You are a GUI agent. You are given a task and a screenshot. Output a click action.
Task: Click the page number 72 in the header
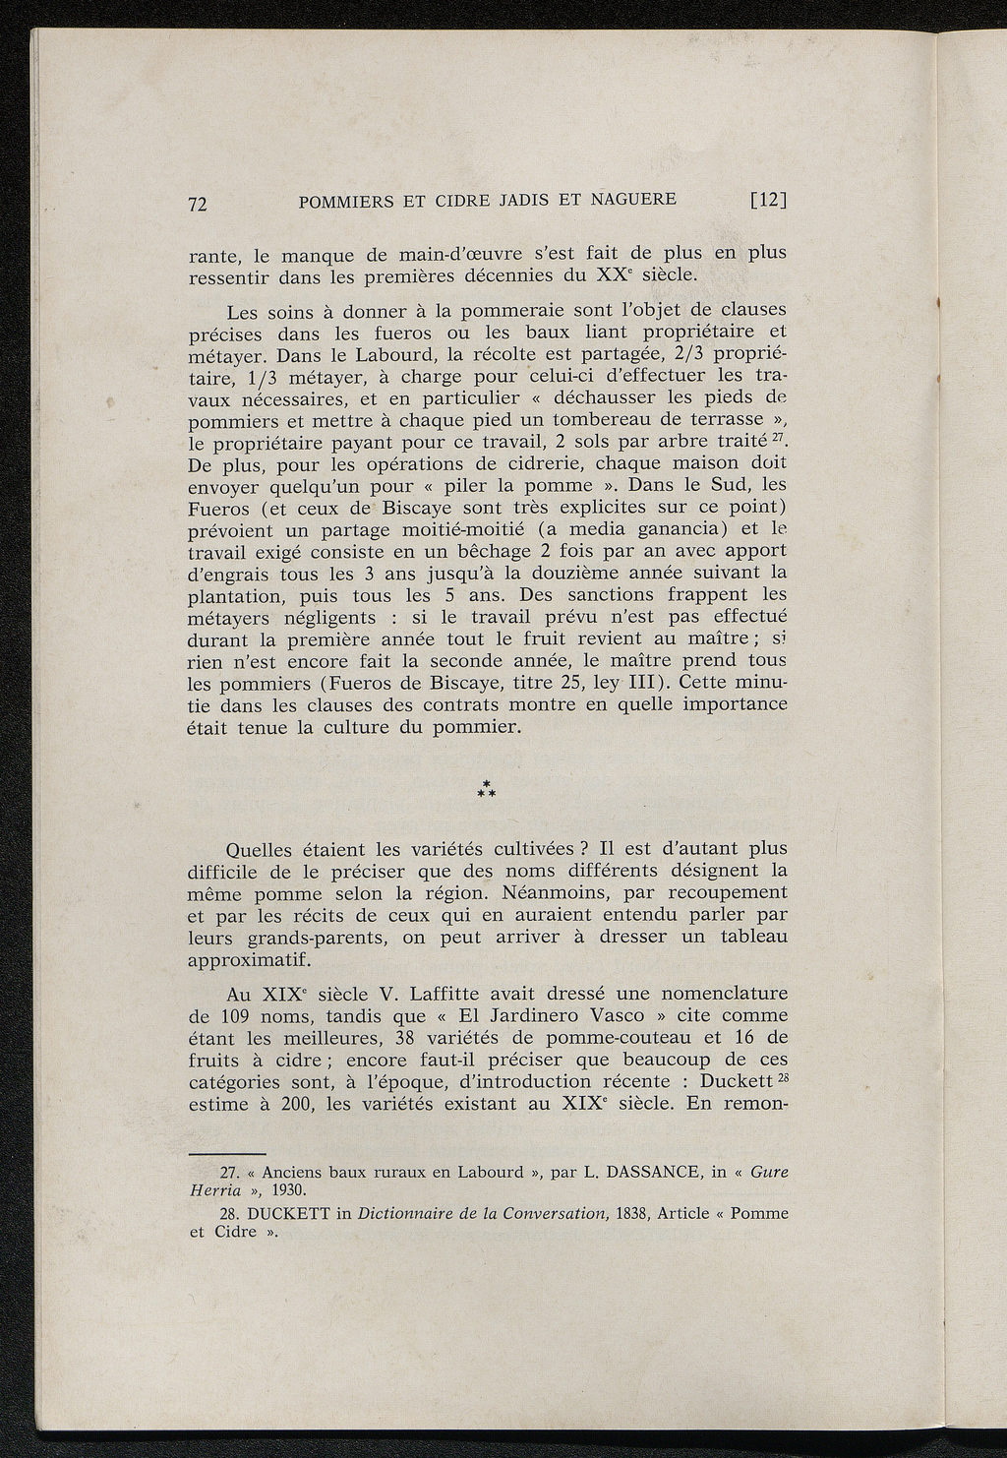[198, 204]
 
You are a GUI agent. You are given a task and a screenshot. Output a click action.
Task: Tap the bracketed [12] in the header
[769, 200]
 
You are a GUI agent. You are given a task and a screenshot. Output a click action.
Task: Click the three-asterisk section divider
[486, 788]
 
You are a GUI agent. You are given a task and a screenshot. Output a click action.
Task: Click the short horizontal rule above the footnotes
[226, 1152]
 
